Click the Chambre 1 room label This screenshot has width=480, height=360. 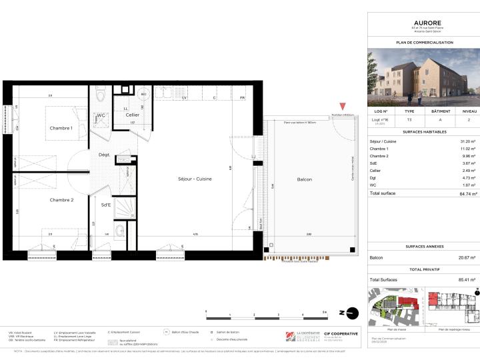coord(61,128)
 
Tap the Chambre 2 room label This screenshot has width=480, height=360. coord(61,199)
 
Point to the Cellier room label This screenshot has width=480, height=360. coord(132,115)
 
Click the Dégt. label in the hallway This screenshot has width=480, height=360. coord(104,155)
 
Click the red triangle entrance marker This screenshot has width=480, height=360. coord(343,107)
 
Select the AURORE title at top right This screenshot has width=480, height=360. coord(424,22)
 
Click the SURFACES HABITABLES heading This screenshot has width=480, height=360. coord(424,132)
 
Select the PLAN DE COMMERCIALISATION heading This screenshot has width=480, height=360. coord(424,42)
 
